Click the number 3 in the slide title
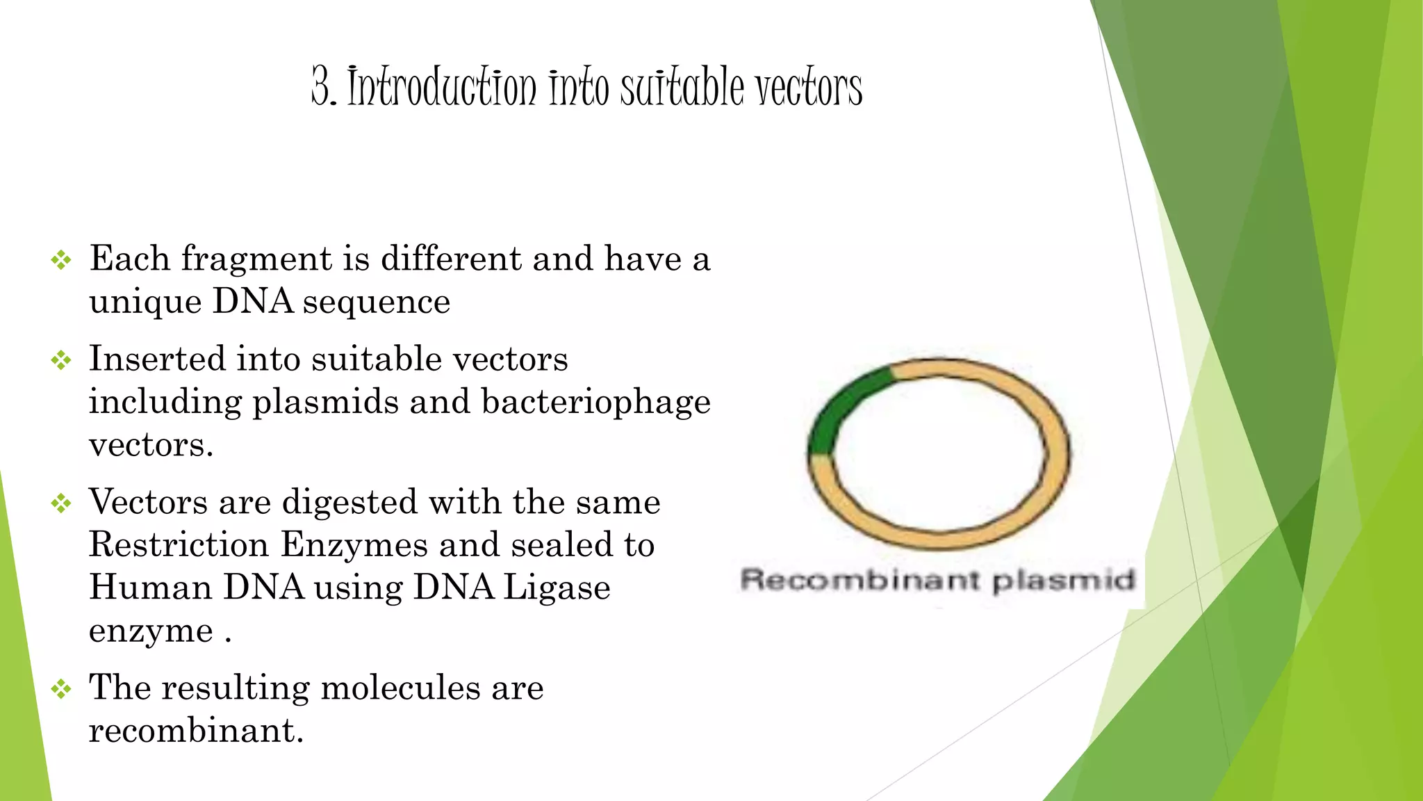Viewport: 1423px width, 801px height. pos(321,88)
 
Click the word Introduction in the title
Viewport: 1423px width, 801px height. pos(442,88)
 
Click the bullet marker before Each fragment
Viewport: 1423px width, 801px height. pos(61,261)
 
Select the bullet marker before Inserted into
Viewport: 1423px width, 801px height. pos(61,360)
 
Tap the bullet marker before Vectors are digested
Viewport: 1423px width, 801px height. pos(61,503)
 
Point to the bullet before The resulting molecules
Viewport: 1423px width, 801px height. pos(61,689)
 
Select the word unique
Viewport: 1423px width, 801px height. pos(145,302)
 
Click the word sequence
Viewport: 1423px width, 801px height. pos(376,302)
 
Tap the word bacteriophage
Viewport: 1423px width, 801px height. pos(595,403)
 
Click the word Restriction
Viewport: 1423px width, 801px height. pos(179,544)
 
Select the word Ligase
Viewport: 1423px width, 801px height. pos(556,588)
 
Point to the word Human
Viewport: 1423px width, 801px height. pos(150,588)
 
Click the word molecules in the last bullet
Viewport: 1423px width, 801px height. pos(400,688)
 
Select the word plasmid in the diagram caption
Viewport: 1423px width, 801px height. pos(1063,580)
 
